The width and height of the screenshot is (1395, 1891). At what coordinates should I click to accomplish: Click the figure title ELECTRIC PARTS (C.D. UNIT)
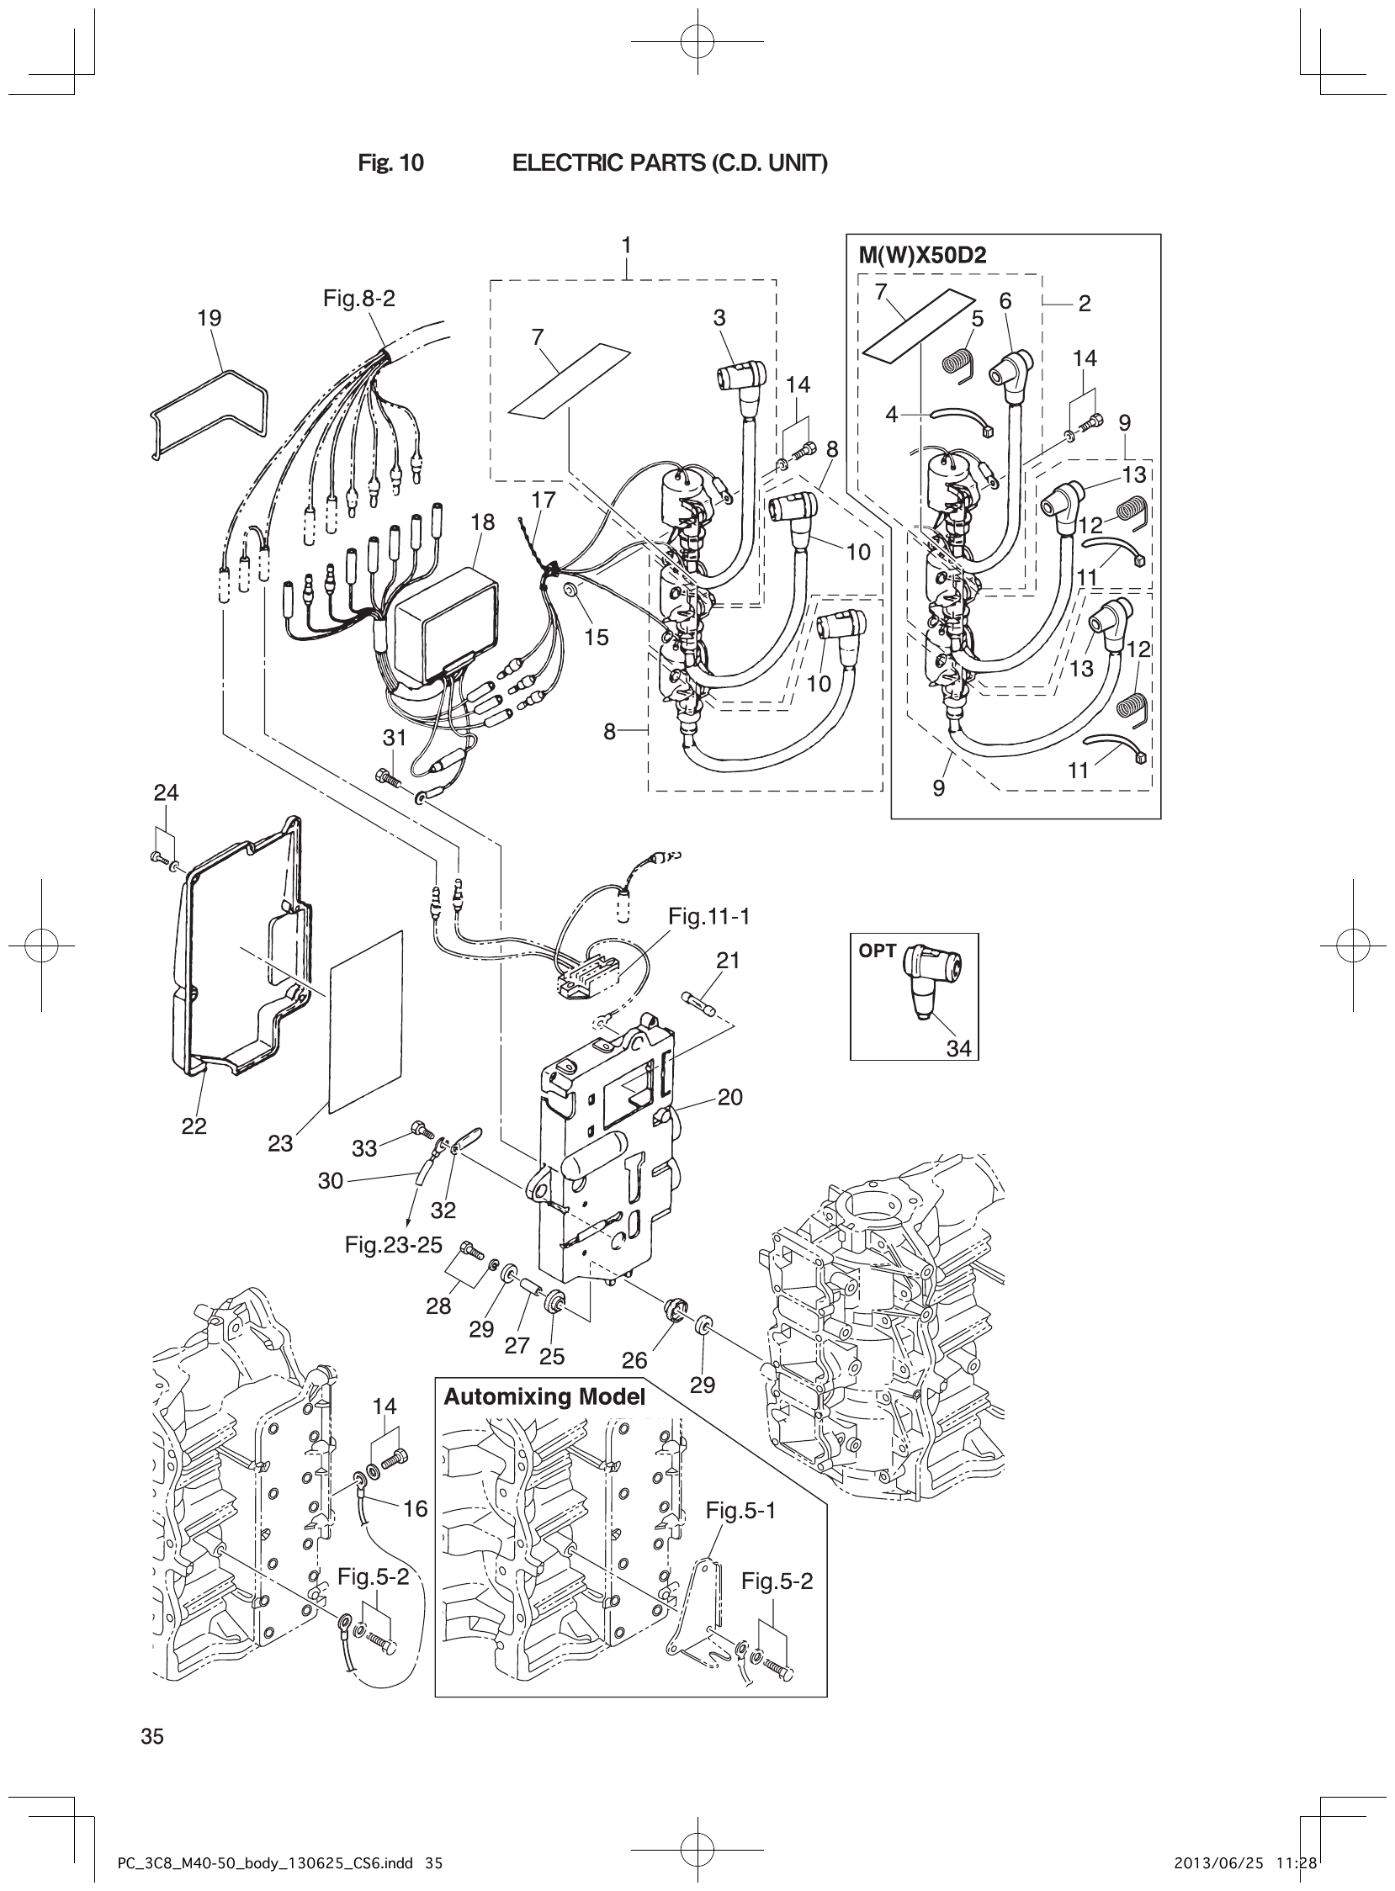(x=670, y=163)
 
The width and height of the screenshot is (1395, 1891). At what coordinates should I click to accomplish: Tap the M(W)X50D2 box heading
(x=916, y=255)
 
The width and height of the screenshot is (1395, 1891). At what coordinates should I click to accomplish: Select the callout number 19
(x=209, y=318)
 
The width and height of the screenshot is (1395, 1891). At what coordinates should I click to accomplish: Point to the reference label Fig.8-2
(x=359, y=299)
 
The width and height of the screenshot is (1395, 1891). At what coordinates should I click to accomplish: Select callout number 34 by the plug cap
(x=958, y=1048)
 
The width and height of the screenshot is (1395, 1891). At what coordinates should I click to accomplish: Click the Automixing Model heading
(x=544, y=1397)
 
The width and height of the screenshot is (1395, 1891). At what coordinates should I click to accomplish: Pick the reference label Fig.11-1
(x=708, y=916)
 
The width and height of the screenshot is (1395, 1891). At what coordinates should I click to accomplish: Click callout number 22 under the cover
(x=194, y=1126)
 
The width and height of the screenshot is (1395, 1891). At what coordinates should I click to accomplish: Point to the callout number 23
(x=280, y=1143)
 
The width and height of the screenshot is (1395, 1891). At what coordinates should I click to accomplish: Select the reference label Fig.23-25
(x=394, y=1244)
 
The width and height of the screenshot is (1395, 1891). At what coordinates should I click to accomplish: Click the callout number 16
(x=416, y=1508)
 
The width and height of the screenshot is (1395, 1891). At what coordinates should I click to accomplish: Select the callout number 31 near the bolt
(x=395, y=738)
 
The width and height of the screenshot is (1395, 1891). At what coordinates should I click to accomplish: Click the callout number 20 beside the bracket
(x=729, y=1097)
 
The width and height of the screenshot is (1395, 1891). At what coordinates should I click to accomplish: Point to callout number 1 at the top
(x=627, y=245)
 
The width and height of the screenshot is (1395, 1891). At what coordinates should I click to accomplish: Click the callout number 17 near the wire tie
(x=544, y=500)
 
